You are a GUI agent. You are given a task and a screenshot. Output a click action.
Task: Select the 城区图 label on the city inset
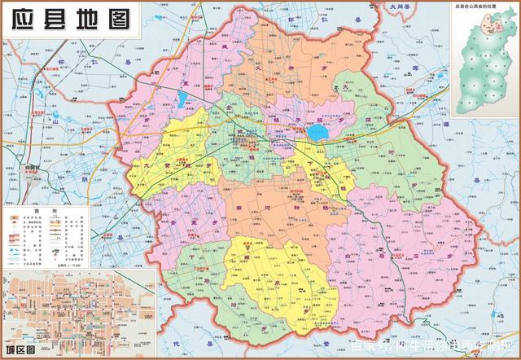pos(19,350)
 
